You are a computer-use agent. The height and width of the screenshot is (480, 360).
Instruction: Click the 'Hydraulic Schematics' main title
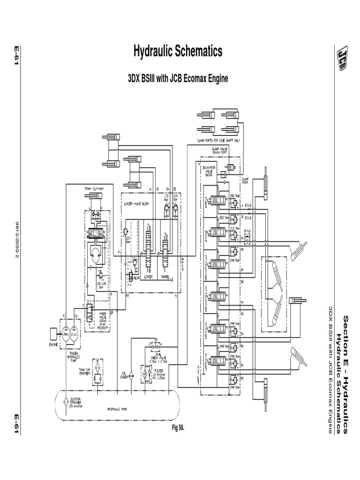point(178,52)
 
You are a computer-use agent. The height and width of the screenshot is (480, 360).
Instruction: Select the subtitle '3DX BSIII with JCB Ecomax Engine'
point(178,78)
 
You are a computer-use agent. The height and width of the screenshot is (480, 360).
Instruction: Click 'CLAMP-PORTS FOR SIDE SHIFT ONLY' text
point(218,140)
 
